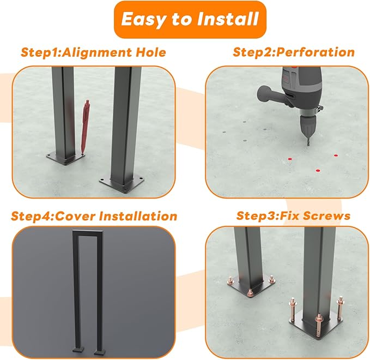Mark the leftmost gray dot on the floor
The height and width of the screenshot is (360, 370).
tap(225, 133)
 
